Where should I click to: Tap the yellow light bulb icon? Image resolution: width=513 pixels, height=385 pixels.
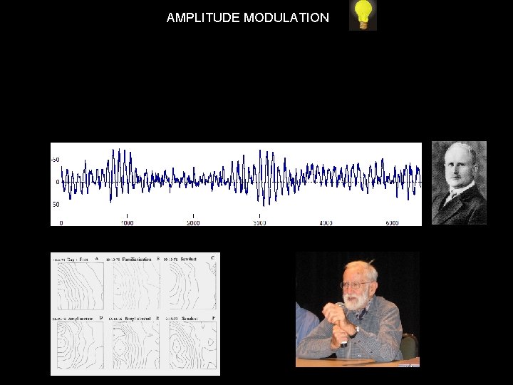363,15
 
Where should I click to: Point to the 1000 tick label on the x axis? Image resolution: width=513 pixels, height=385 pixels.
127,222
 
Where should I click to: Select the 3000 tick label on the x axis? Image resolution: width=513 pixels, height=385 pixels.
259,222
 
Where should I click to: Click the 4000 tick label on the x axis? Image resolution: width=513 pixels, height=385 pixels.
326,222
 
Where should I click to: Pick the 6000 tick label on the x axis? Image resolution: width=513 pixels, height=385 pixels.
392,222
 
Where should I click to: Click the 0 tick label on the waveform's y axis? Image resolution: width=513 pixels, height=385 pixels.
58,183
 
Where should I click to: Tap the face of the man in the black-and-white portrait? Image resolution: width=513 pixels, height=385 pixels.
460,168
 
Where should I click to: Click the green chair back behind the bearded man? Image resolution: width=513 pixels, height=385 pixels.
408,346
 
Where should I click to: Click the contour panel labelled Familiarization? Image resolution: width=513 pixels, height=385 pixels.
132,285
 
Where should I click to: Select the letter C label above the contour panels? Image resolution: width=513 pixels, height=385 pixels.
212,257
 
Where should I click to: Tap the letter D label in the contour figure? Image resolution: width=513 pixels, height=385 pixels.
100,318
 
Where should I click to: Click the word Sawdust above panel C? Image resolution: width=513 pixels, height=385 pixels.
189,259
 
